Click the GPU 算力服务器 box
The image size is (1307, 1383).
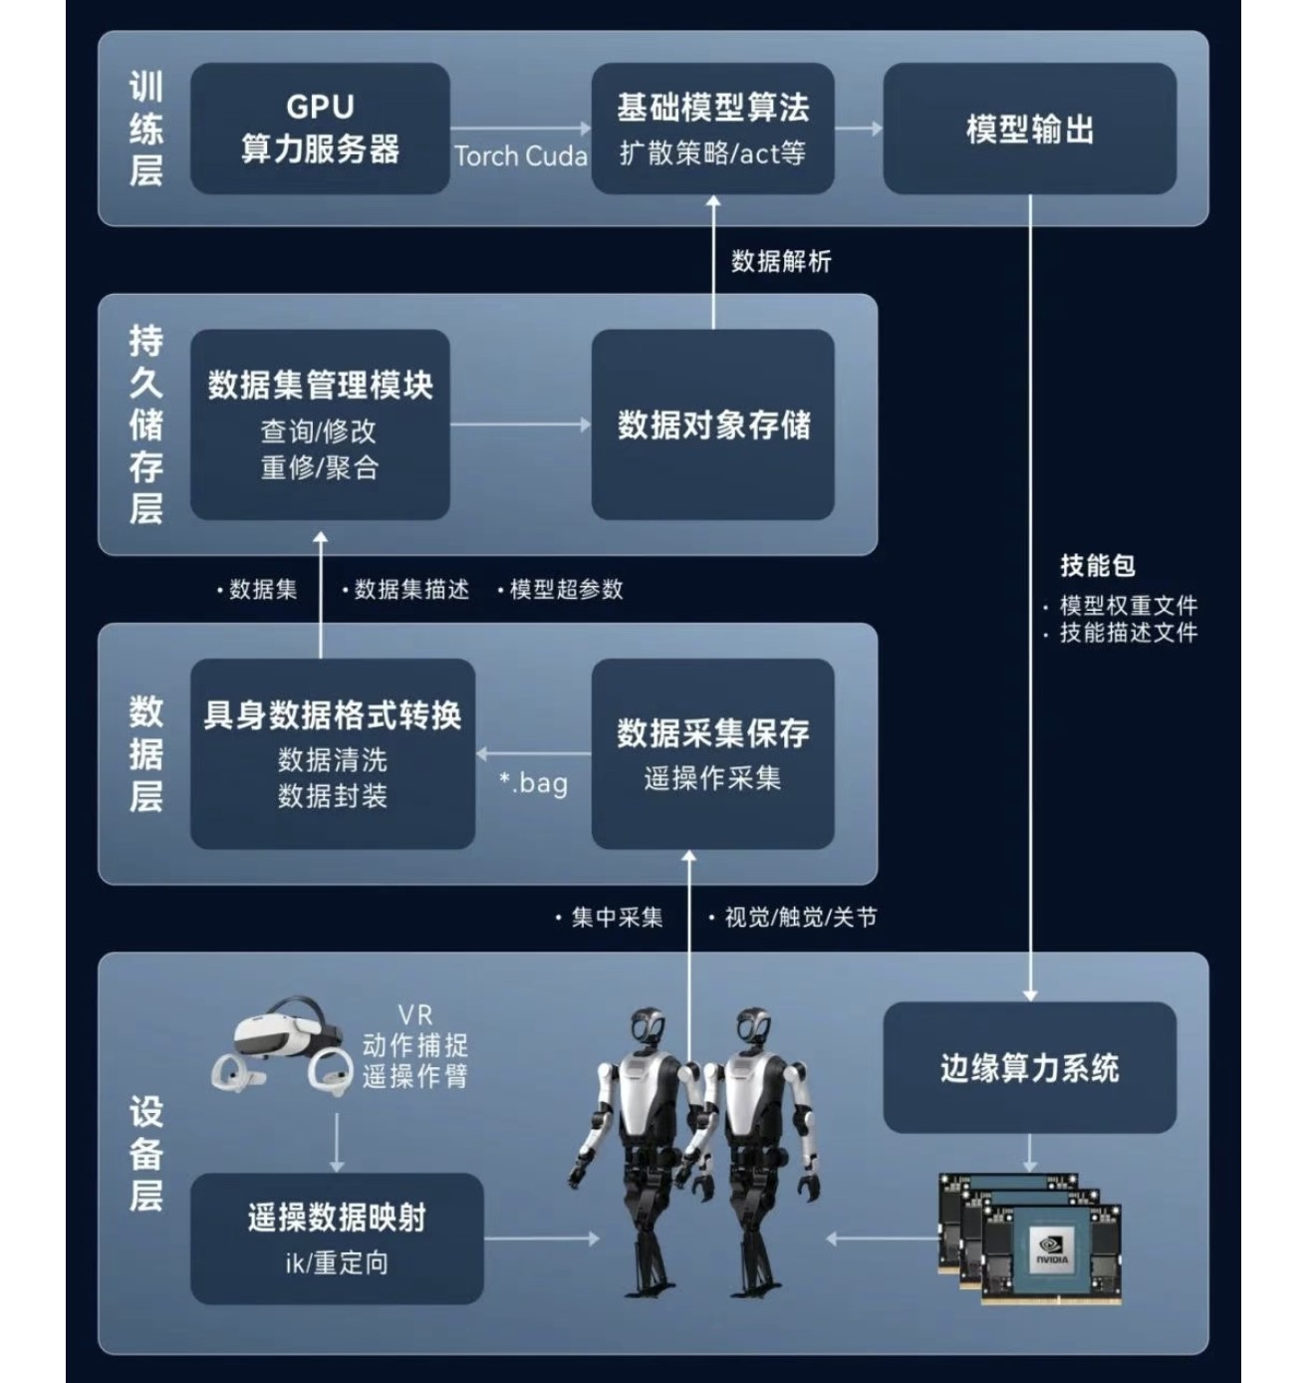point(320,129)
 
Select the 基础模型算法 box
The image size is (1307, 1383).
point(712,129)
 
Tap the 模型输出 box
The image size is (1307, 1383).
point(1029,129)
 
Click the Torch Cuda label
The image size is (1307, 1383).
point(521,156)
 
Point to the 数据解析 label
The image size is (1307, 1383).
point(781,261)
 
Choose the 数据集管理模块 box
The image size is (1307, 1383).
point(320,424)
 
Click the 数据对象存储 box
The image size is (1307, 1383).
point(712,424)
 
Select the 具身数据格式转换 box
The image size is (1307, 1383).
point(332,753)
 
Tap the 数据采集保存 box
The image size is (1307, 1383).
point(712,753)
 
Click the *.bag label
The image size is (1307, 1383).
point(534,782)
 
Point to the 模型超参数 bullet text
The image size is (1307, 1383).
point(565,589)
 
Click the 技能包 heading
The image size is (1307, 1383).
point(1098,566)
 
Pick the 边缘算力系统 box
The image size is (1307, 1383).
point(1029,1067)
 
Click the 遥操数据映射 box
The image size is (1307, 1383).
point(336,1239)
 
